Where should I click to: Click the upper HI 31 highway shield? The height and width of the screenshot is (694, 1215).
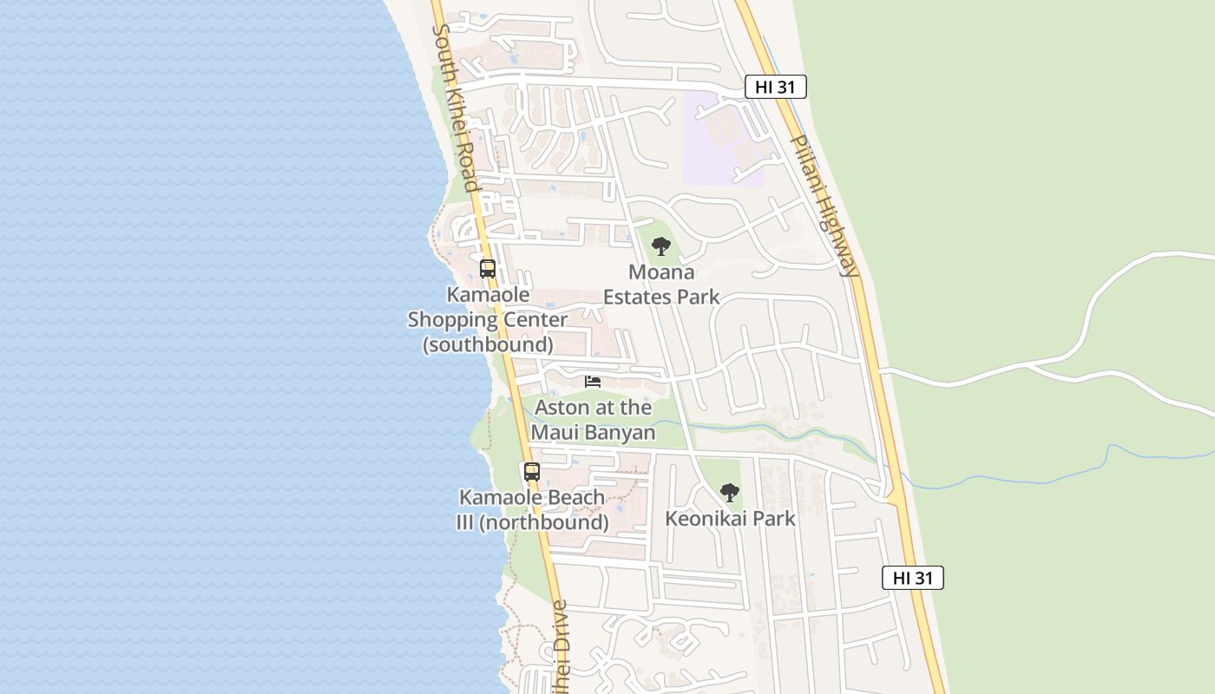tap(776, 87)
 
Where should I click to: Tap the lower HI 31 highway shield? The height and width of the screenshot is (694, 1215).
tap(912, 578)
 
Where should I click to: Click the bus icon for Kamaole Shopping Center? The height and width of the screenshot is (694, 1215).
tap(488, 269)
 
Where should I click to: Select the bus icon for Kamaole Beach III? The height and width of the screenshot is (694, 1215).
tap(532, 472)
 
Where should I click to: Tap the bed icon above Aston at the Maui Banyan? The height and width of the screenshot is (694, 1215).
tap(593, 382)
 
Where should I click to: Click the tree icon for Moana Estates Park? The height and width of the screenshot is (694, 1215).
tap(661, 246)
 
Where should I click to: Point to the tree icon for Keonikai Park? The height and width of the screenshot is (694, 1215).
tap(730, 493)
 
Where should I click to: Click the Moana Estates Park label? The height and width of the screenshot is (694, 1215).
tap(661, 285)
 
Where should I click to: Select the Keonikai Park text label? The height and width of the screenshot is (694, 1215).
tap(730, 519)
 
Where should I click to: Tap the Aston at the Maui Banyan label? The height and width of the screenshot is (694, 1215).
tap(594, 420)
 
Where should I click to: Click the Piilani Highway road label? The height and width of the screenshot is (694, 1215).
tap(824, 206)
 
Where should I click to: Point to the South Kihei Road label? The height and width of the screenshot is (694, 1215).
tap(457, 108)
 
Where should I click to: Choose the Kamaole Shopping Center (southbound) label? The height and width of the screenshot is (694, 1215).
tap(488, 319)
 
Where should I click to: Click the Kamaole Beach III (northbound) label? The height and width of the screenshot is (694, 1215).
tap(532, 510)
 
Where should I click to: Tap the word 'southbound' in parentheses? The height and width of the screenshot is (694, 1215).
tap(488, 344)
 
